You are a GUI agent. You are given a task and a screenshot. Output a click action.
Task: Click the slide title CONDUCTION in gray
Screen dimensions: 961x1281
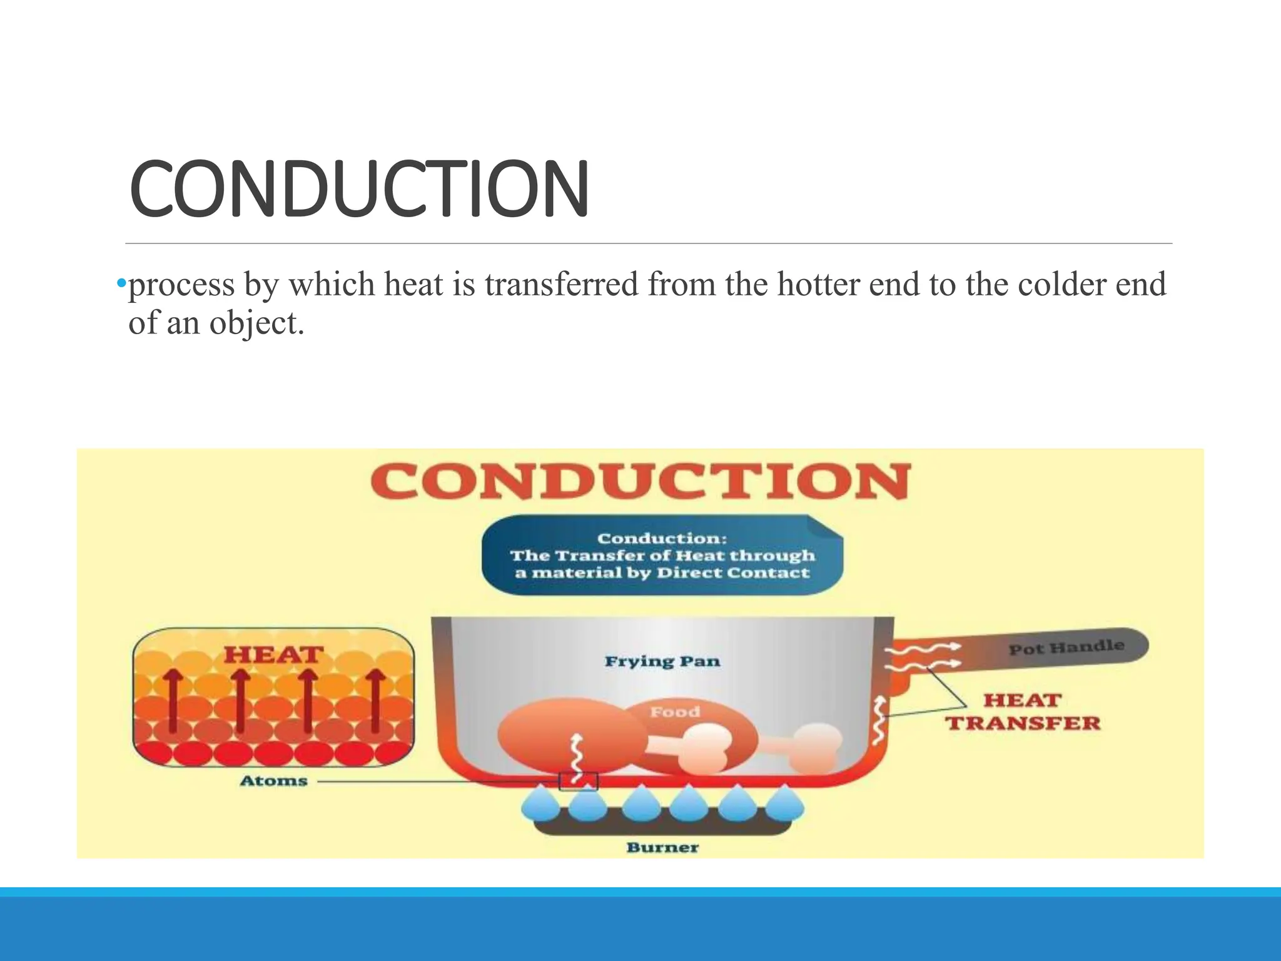click(359, 189)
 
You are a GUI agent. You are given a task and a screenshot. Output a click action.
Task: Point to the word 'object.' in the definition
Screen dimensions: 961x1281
click(257, 323)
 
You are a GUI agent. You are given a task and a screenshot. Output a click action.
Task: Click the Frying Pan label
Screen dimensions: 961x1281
click(662, 661)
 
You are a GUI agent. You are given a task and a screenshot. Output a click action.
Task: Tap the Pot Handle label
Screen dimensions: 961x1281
click(1066, 647)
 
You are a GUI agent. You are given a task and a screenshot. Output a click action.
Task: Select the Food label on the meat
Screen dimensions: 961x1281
click(675, 712)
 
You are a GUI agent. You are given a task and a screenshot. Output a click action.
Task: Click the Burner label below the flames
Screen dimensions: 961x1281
click(662, 848)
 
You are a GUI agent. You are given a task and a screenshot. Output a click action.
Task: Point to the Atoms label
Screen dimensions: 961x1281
click(274, 781)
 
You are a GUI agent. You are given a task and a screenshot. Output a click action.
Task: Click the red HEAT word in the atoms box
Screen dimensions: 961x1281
click(273, 655)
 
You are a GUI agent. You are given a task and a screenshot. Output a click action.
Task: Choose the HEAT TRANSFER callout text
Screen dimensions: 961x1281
click(1022, 712)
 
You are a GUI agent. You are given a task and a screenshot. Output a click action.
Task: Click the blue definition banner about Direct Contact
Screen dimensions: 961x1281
click(662, 556)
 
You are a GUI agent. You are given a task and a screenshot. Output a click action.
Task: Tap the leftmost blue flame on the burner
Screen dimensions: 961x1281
click(540, 806)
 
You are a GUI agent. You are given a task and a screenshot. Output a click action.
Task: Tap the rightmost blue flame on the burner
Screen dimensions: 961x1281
click(784, 806)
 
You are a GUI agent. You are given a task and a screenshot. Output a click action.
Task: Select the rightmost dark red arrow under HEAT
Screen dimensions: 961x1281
click(375, 701)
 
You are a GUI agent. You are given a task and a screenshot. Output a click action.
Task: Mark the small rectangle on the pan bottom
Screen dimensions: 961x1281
click(578, 781)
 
